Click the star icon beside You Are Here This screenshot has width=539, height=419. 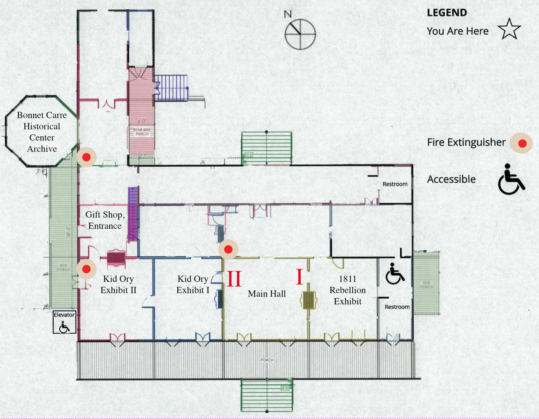click(x=509, y=29)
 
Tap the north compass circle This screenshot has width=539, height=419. click(x=300, y=34)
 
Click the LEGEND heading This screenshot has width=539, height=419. click(x=447, y=13)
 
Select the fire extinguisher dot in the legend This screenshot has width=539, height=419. click(x=522, y=143)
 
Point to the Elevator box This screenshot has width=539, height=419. click(x=64, y=322)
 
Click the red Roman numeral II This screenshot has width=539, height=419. click(x=234, y=278)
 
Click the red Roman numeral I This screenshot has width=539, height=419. click(x=300, y=277)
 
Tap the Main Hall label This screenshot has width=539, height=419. click(x=267, y=294)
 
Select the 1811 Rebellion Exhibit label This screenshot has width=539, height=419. click(x=348, y=290)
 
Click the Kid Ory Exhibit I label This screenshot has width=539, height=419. click(x=193, y=284)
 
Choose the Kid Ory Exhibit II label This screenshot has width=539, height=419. click(x=118, y=284)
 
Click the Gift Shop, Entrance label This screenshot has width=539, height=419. click(x=105, y=220)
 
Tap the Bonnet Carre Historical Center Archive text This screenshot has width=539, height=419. click(x=42, y=132)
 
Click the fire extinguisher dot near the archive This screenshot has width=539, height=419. click(x=86, y=157)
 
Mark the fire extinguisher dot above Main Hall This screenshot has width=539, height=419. click(x=228, y=249)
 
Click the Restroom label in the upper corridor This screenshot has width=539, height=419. click(x=395, y=184)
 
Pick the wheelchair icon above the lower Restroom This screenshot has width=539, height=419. click(x=395, y=274)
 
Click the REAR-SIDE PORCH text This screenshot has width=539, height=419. click(x=142, y=132)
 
